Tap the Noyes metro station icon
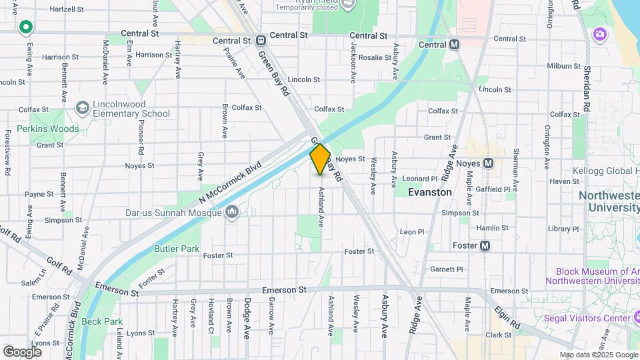coord(488,163)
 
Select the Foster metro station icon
coord(485,245)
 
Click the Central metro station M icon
coord(455,45)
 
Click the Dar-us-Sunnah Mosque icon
coord(232,213)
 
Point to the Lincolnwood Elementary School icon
coord(82,107)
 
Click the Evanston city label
coord(430,192)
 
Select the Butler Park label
coord(177,249)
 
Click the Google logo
coord(22,351)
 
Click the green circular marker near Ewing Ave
coord(26,27)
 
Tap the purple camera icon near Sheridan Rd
coord(600,33)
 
